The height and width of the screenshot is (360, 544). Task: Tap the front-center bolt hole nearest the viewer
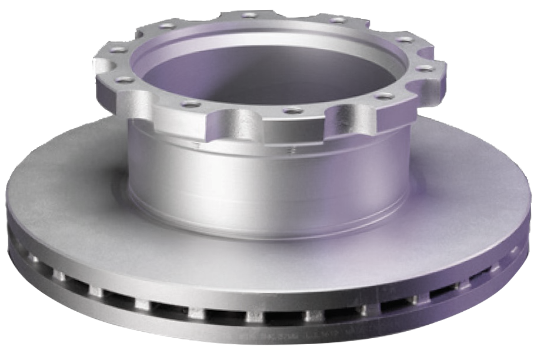click(x=292, y=109)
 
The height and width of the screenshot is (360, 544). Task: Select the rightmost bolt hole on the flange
click(x=428, y=68)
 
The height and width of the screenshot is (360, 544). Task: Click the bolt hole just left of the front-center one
click(x=189, y=104)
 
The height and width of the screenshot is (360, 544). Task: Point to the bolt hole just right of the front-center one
click(x=382, y=95)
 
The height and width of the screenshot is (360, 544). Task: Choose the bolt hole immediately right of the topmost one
click(x=338, y=20)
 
